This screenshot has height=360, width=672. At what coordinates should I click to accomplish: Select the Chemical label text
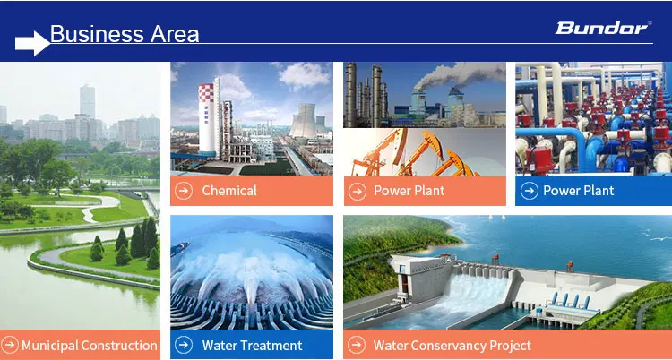tap(229, 190)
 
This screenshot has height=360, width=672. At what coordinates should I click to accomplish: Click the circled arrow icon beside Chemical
tap(184, 190)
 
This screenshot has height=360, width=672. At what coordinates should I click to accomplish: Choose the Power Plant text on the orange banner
tap(409, 190)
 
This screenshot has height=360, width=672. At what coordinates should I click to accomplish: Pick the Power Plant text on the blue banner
tap(578, 190)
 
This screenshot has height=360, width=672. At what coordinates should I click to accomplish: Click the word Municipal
tap(49, 345)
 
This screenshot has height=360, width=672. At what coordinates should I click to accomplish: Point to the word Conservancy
tap(452, 345)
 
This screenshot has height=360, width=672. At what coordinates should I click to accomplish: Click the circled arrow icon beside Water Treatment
tap(184, 345)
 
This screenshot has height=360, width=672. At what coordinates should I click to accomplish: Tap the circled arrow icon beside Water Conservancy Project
tap(357, 345)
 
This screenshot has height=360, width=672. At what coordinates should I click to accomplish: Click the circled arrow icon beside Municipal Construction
tap(10, 345)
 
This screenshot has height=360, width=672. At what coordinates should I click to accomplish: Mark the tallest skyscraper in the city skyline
tap(87, 103)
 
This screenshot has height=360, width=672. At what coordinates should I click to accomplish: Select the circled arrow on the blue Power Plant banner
tap(528, 190)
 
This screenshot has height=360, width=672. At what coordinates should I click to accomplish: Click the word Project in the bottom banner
tap(509, 345)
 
